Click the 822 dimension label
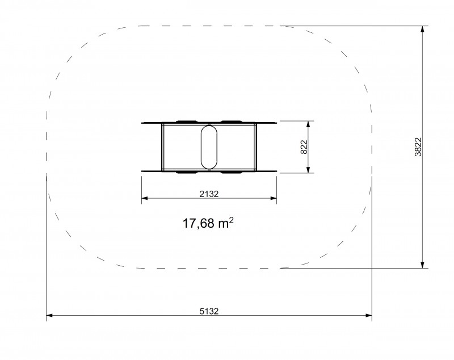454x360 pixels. (x=304, y=147)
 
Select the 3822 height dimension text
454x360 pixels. (x=418, y=147)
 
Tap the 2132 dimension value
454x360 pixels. (x=209, y=194)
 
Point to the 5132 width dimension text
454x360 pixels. (x=209, y=311)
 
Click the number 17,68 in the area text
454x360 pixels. (x=198, y=224)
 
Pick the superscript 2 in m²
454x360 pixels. (x=231, y=220)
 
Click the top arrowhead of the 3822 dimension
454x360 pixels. (x=423, y=29)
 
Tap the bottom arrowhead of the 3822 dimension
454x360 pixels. (x=423, y=265)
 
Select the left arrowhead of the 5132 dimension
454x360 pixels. (x=49, y=315)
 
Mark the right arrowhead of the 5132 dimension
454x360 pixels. (x=368, y=315)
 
